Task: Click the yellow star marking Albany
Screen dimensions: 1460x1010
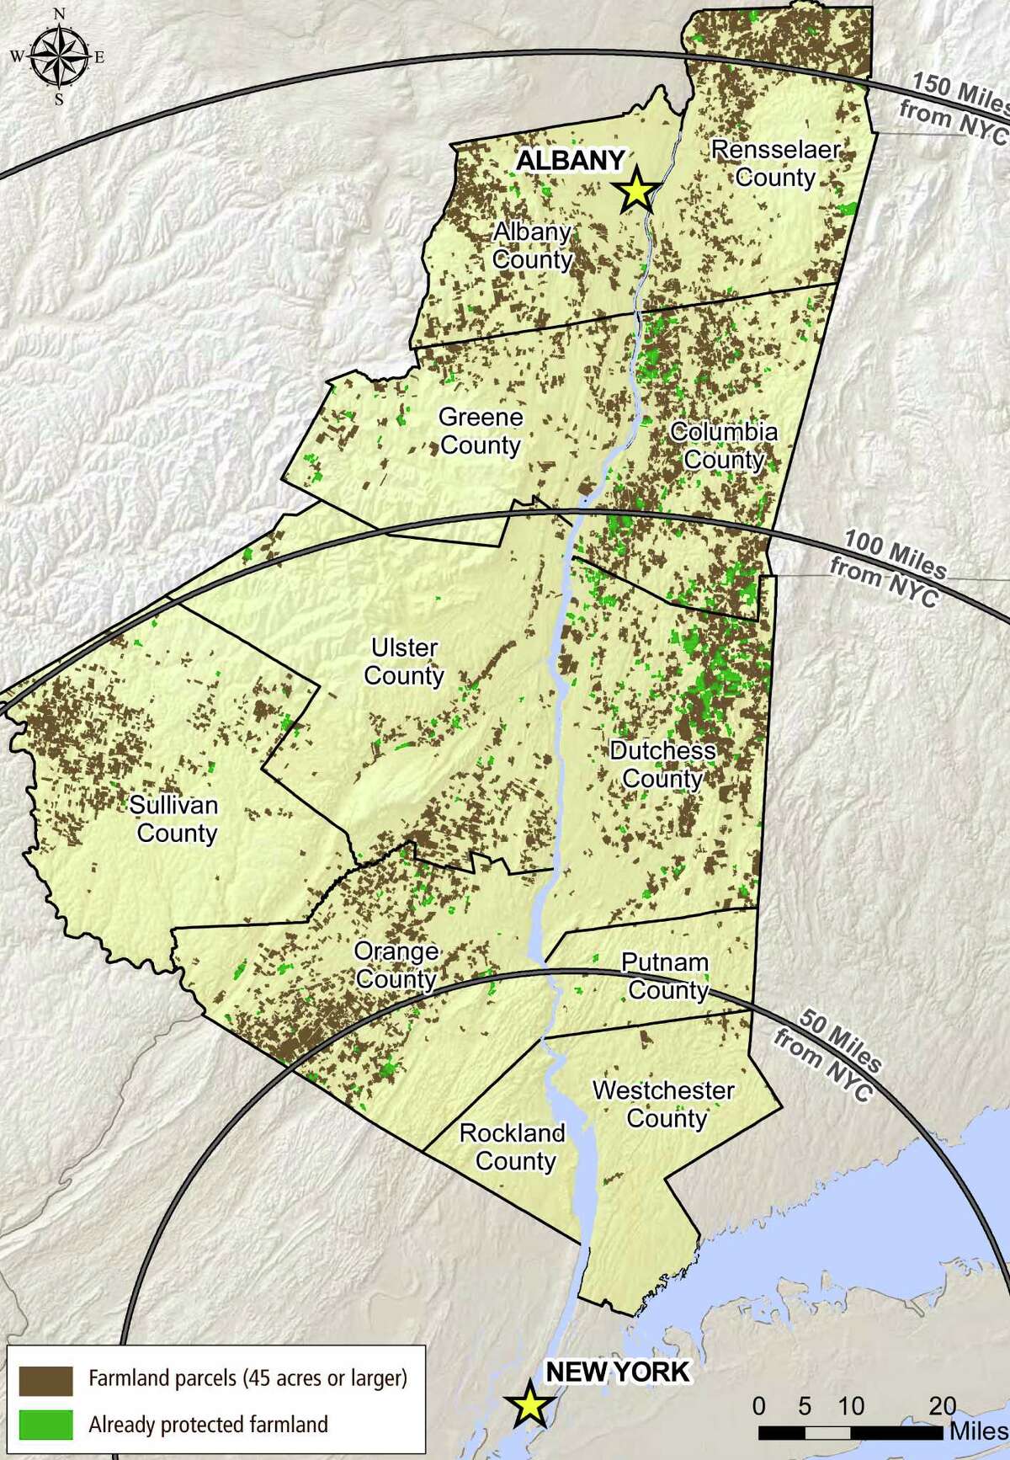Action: point(637,191)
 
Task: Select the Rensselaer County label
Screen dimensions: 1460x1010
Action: point(775,163)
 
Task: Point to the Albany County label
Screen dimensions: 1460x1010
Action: point(532,245)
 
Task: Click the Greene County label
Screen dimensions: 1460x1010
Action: point(481,430)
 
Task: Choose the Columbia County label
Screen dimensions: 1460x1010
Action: point(723,445)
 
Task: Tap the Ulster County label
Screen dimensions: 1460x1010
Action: point(404,661)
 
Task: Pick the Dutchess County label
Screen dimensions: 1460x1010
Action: point(662,764)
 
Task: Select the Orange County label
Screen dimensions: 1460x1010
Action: point(396,965)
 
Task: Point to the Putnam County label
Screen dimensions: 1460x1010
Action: point(667,976)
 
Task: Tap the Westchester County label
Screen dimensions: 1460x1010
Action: point(664,1104)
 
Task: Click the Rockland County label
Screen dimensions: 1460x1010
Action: point(513,1147)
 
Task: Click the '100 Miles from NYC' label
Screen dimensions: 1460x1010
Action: point(889,569)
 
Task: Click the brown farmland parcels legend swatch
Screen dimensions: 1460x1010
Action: point(46,1378)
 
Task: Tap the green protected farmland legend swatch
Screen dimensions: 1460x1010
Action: point(46,1424)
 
